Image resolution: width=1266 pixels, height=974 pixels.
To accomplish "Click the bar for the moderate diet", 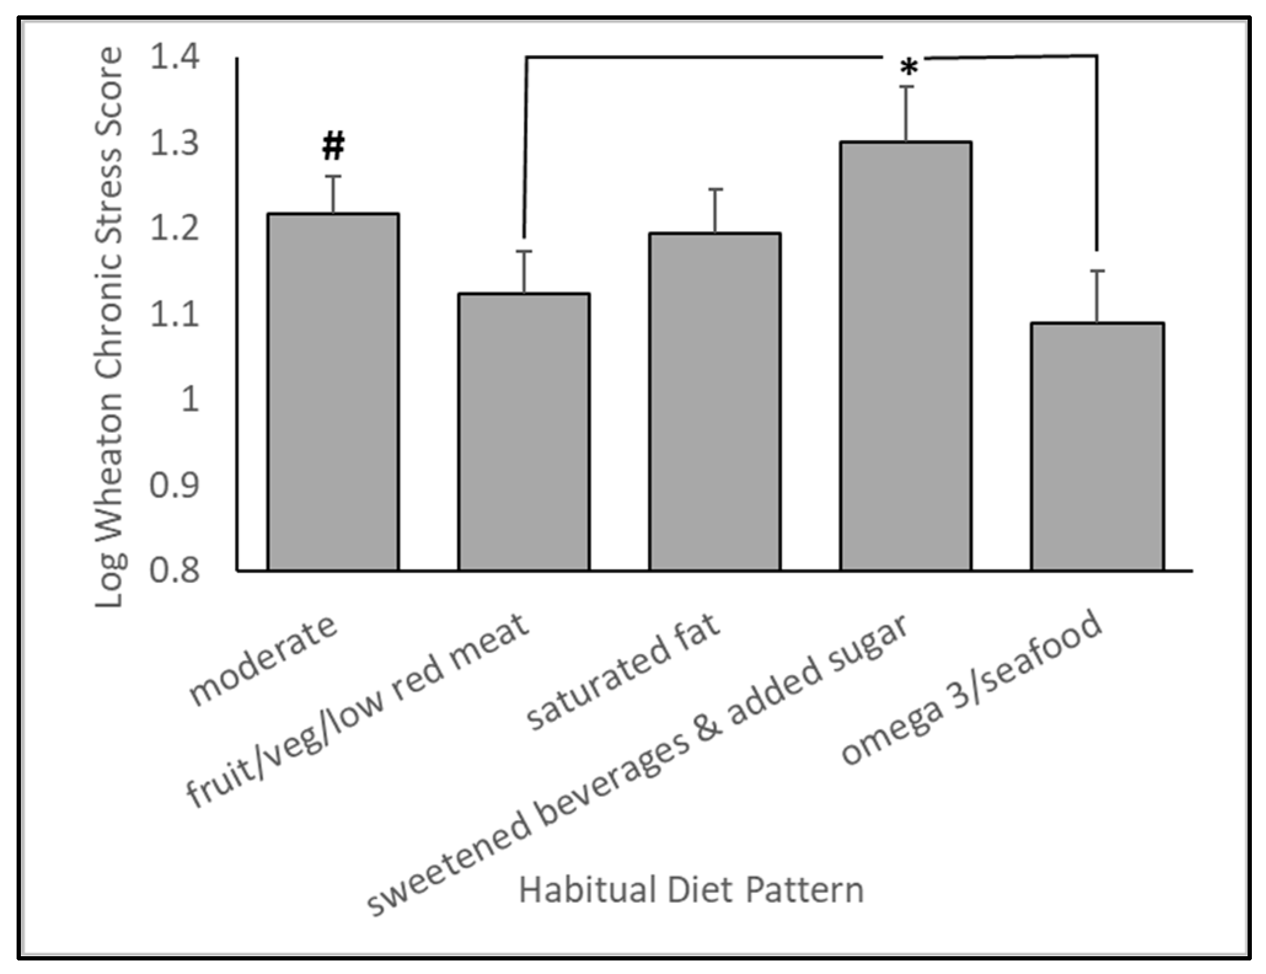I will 333,392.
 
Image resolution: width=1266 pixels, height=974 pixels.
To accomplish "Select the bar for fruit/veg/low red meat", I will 524,432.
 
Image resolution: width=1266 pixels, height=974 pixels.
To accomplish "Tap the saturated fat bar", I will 715,402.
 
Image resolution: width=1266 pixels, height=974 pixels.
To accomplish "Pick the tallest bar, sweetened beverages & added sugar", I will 906,356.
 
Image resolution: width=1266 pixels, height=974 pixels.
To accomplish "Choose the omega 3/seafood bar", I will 1098,446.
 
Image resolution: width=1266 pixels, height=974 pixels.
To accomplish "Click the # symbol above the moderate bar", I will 333,146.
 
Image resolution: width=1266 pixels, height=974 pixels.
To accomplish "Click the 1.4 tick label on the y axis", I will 175,58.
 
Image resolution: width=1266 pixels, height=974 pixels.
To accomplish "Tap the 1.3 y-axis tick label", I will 175,143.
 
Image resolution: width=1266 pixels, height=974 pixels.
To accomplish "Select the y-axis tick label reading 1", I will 190,400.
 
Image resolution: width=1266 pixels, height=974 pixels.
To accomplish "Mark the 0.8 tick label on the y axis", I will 175,571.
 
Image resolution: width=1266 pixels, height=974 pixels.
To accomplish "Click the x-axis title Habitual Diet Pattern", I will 691,890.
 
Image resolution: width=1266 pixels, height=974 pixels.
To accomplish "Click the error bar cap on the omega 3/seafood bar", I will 1098,271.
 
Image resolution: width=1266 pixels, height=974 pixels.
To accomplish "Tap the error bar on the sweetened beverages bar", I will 906,114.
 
